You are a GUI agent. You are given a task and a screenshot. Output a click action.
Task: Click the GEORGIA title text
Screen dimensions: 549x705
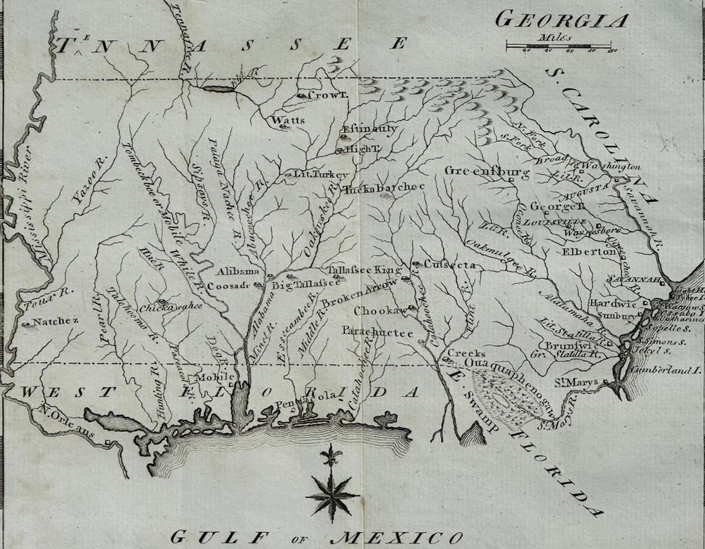click(x=562, y=20)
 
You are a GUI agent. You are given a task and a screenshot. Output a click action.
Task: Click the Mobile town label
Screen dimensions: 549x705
click(x=216, y=376)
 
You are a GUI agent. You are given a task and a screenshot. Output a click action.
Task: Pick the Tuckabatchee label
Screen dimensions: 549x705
click(x=383, y=188)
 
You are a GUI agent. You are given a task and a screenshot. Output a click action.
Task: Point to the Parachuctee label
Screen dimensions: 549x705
click(x=377, y=332)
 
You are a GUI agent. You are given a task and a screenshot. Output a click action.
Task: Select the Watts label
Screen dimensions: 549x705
click(x=289, y=121)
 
